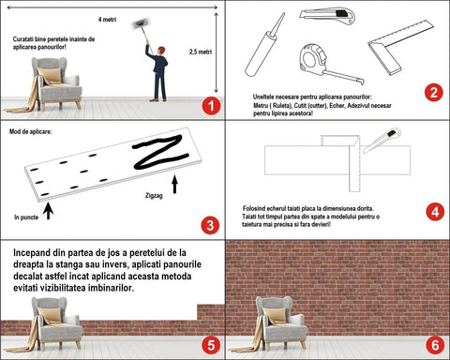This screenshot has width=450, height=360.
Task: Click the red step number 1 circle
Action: click(211, 106)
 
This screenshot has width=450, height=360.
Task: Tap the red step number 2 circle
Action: click(434, 93)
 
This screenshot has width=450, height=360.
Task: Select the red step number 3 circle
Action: click(210, 225)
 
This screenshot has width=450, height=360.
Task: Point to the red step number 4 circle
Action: click(435, 212)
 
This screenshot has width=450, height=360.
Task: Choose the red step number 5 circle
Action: click(211, 345)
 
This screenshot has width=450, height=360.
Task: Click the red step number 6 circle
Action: click(435, 345)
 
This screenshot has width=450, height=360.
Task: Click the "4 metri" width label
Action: click(107, 20)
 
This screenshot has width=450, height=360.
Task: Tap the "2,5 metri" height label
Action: click(201, 52)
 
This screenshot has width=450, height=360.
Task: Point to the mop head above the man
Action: click(140, 24)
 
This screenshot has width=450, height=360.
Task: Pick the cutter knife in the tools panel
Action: click(327, 16)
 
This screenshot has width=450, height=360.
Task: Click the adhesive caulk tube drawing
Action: click(265, 45)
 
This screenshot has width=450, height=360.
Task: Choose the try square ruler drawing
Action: click(400, 46)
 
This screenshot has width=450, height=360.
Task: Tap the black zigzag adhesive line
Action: click(160, 152)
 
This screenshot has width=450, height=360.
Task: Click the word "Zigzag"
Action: click(154, 196)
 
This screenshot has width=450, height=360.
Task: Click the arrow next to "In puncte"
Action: click(48, 211)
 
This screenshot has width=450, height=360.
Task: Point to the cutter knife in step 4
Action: click(382, 141)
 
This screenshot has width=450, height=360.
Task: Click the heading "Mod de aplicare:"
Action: click(31, 131)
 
